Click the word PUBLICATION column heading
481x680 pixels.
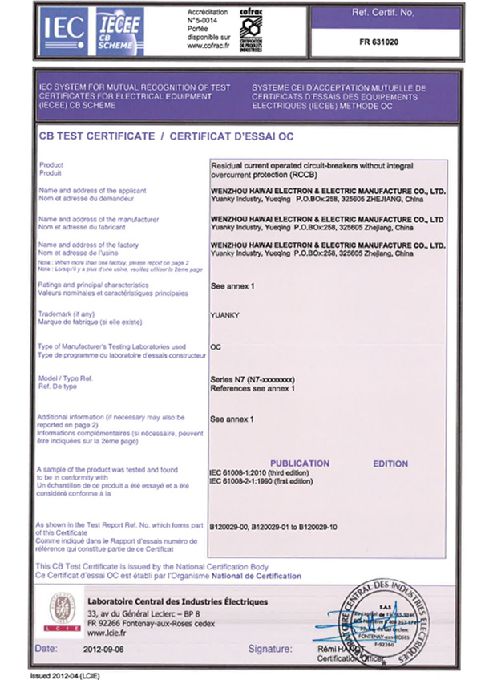(300, 463)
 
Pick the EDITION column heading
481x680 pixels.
(390, 463)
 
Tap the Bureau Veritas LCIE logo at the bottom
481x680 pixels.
(61, 611)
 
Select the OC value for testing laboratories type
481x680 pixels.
(215, 347)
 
